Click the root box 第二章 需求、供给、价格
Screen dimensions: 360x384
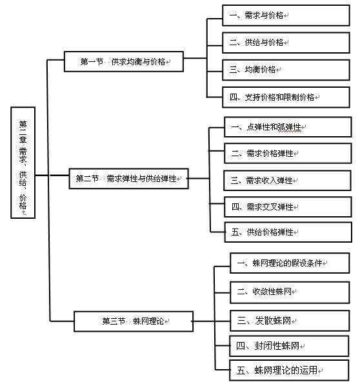point(23,163)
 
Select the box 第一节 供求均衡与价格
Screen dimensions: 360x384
point(124,61)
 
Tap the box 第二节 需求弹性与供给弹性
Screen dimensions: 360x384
point(129,179)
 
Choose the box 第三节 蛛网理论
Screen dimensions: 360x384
point(134,321)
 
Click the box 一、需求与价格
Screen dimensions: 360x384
point(286,15)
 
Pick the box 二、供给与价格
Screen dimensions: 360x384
point(286,43)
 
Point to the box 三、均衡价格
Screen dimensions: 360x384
point(286,70)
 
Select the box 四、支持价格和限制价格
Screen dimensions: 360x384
point(286,97)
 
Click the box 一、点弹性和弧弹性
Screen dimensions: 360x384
point(288,127)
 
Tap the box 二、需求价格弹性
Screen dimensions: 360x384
point(288,154)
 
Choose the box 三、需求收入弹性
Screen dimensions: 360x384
point(287,181)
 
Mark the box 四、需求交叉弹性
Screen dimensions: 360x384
point(288,207)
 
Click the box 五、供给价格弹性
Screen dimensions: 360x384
point(288,232)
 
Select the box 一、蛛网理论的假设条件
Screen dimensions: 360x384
point(290,263)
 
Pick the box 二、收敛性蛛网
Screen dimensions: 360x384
point(290,292)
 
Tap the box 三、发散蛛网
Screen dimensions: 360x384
point(290,321)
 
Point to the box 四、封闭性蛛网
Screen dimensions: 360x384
point(289,346)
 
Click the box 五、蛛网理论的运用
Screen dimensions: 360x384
point(289,370)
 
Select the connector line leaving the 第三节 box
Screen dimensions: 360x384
point(204,321)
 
